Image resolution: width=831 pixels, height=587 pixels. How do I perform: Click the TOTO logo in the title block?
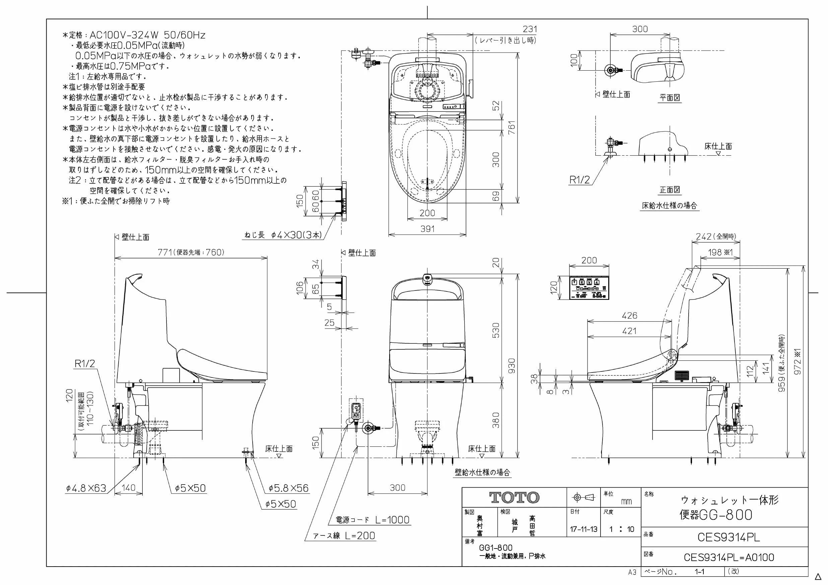[x=514, y=498]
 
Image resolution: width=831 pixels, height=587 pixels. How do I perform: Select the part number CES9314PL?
[x=729, y=537]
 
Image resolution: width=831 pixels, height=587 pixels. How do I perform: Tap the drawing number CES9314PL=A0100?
[x=729, y=557]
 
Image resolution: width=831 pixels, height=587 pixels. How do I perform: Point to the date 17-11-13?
[x=583, y=529]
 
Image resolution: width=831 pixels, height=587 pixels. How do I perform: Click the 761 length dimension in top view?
[x=511, y=127]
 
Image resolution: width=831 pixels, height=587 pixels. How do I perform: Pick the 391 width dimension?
[x=427, y=229]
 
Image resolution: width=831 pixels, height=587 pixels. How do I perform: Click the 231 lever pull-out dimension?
[x=530, y=29]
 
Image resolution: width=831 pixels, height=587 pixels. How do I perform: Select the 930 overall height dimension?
[x=511, y=366]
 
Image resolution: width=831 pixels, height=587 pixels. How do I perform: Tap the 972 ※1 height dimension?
[x=798, y=362]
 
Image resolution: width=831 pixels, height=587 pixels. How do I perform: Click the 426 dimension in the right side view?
[x=629, y=316]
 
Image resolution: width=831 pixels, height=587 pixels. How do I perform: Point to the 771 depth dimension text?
[x=165, y=252]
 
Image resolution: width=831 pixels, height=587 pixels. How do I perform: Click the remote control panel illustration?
[x=589, y=288]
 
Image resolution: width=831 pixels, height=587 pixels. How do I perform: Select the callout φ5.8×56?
[x=288, y=488]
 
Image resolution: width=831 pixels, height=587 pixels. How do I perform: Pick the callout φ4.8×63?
[x=86, y=489]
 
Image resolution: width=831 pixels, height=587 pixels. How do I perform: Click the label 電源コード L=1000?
[x=372, y=520]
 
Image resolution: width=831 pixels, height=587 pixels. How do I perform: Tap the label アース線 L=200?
[x=344, y=536]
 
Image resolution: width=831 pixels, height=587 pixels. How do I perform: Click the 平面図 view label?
[x=670, y=98]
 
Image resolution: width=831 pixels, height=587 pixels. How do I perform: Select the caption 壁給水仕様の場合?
[x=482, y=472]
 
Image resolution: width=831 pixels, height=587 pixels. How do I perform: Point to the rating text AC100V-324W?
[x=124, y=35]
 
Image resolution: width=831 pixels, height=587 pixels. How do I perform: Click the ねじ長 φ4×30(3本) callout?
[x=283, y=235]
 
